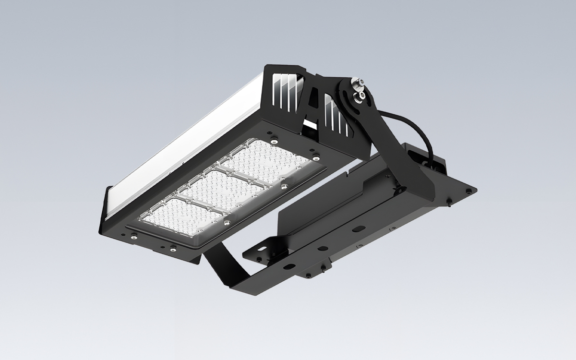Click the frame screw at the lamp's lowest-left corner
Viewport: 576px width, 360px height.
(134, 236)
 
